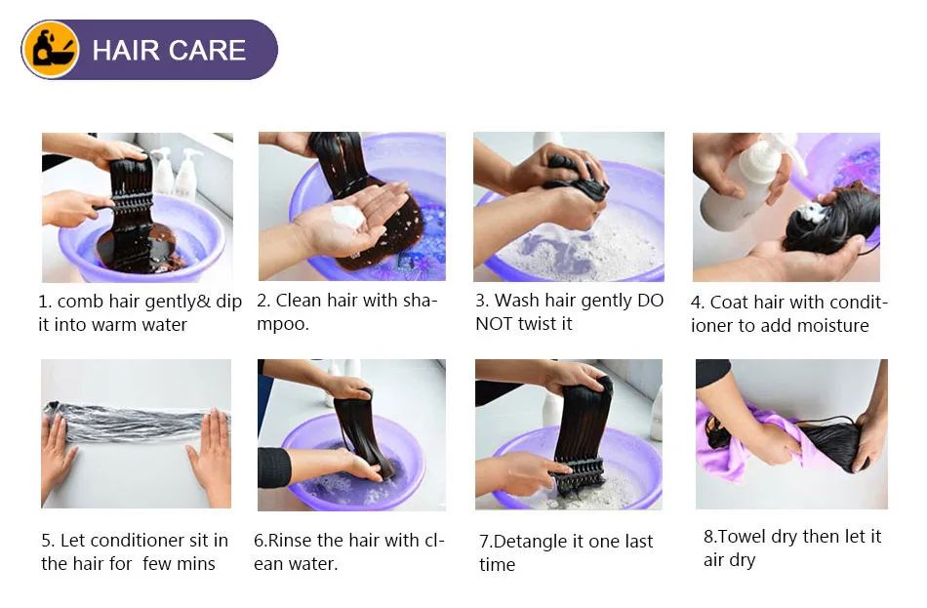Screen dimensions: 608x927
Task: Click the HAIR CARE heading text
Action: [170, 50]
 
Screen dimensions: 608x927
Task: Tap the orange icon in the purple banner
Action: [51, 49]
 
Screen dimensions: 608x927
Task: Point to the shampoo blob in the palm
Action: [347, 216]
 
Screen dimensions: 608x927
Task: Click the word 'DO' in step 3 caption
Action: [650, 301]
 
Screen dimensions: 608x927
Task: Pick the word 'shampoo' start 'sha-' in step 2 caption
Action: [418, 301]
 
